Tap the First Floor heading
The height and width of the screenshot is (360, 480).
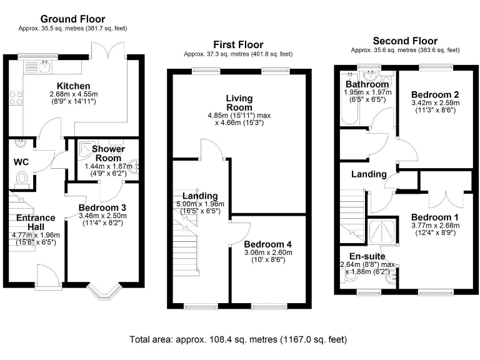pos(238,44)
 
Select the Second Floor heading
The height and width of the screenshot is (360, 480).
pos(405,41)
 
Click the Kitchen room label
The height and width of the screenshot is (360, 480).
pos(74,86)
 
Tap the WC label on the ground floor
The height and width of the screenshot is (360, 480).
pos(21,161)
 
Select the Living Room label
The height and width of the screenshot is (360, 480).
pos(239,103)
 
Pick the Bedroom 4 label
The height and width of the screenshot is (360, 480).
pos(267,244)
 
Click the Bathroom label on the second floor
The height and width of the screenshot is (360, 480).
pos(367,84)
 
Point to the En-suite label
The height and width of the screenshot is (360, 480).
pos(366,256)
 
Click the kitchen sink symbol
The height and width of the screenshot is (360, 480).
pos(44,64)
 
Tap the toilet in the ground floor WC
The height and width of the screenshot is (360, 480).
pos(21,179)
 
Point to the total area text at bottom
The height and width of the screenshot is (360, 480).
pos(238,339)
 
